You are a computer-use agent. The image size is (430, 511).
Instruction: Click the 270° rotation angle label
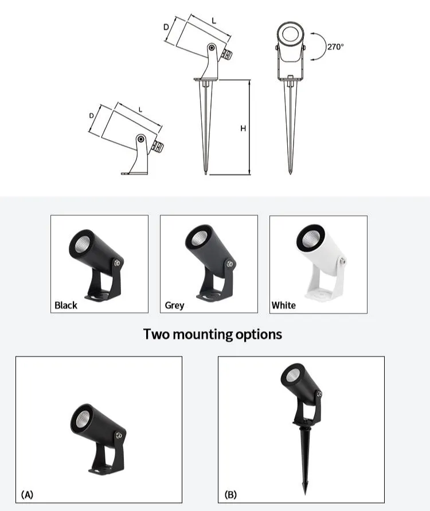(335, 47)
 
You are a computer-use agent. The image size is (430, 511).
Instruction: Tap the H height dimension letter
(243, 129)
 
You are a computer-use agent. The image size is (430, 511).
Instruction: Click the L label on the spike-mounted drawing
(214, 21)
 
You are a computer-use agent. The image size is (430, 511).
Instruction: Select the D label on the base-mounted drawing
(92, 115)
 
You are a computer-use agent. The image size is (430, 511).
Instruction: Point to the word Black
(66, 305)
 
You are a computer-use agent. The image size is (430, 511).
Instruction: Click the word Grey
(174, 305)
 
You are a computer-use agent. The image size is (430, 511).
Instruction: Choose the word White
(284, 305)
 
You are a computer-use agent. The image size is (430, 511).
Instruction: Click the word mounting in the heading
(202, 335)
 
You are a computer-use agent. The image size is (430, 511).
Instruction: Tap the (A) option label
(27, 495)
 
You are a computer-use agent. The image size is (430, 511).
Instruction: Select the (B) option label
(230, 495)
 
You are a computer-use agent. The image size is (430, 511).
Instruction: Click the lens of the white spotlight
(310, 240)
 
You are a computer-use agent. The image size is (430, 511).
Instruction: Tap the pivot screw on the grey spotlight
(230, 264)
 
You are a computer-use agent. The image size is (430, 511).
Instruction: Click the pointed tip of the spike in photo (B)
(306, 494)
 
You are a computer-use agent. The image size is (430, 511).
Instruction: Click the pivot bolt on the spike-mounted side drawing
(212, 48)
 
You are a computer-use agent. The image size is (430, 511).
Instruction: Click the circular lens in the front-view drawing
(291, 34)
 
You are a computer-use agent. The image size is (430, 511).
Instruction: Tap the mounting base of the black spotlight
(98, 297)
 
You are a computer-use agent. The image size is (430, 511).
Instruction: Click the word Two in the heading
(157, 334)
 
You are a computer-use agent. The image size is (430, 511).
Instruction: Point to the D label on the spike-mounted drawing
(166, 27)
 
